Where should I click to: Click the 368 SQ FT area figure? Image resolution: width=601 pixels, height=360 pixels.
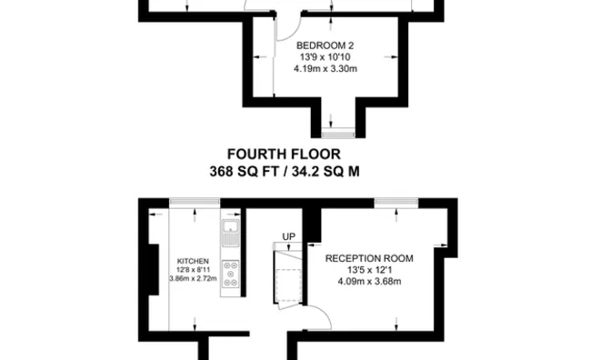[244, 170]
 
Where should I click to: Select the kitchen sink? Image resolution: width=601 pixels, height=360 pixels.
[230, 231]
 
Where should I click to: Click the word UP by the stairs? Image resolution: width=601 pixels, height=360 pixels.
[289, 236]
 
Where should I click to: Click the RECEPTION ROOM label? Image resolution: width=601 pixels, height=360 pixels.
[368, 258]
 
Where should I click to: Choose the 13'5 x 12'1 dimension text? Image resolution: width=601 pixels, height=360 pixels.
[368, 269]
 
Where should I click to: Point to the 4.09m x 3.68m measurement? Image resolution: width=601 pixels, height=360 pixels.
[368, 280]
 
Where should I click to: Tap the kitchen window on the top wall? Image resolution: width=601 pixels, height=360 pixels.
[195, 201]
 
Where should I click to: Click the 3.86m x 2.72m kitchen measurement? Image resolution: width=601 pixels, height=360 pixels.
[190, 279]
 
